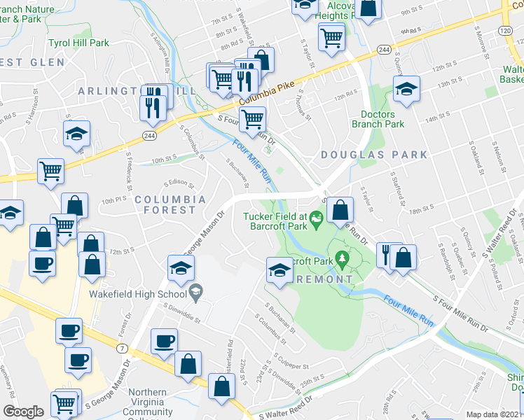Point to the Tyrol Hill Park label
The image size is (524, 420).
(78, 43)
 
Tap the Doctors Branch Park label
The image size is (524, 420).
(382, 119)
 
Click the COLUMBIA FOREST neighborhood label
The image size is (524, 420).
(165, 204)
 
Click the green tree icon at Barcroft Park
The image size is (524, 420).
(343, 260)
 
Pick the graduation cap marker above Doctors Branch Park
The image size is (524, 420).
(406, 90)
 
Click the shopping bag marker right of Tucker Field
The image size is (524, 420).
(340, 209)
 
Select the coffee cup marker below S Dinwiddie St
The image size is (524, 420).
(165, 342)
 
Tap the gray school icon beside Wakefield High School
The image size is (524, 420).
(197, 293)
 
